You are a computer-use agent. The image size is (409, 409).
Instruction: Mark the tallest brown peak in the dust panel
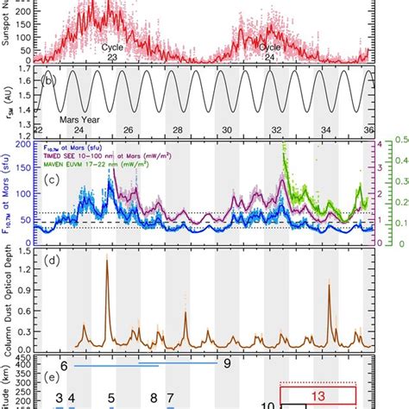pos(107,260)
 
